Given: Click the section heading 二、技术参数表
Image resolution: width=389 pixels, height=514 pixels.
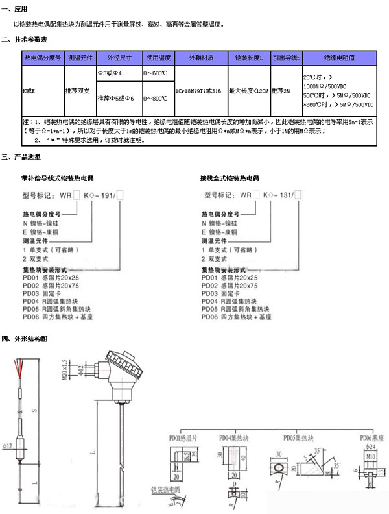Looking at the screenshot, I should (25, 40).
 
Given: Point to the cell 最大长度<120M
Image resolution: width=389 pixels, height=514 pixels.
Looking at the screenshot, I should (248, 92).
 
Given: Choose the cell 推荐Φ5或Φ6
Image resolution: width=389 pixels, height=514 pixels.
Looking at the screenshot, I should (117, 99).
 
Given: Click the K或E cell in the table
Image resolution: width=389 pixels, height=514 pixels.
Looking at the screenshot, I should (29, 92).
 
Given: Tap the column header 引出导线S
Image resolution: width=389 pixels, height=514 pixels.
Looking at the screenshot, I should (286, 58).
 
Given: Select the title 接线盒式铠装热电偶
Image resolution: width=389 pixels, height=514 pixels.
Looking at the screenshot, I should (230, 177).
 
